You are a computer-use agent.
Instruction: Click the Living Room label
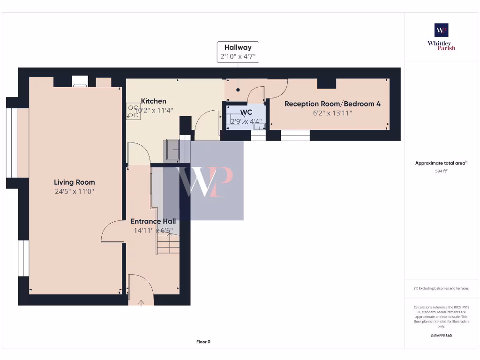click(74, 182)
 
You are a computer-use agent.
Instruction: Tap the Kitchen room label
click(153, 101)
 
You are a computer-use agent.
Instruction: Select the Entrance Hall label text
click(153, 221)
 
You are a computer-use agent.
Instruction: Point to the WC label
click(246, 112)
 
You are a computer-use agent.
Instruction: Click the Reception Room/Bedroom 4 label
click(332, 104)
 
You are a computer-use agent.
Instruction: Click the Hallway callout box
click(238, 52)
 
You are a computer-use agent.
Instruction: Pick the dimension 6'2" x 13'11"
click(332, 113)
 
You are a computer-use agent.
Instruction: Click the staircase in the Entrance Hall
click(168, 244)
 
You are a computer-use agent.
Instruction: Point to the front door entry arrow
click(141, 303)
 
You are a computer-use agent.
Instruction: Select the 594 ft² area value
click(441, 171)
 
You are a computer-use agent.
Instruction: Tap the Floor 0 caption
click(203, 342)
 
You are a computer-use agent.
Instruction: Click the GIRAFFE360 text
click(441, 336)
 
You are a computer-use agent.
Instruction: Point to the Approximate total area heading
click(441, 163)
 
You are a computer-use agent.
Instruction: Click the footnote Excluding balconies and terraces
click(441, 288)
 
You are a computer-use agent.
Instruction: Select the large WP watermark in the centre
click(203, 180)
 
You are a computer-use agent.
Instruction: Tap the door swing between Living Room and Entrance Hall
click(112, 232)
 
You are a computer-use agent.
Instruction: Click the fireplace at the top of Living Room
click(80, 82)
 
